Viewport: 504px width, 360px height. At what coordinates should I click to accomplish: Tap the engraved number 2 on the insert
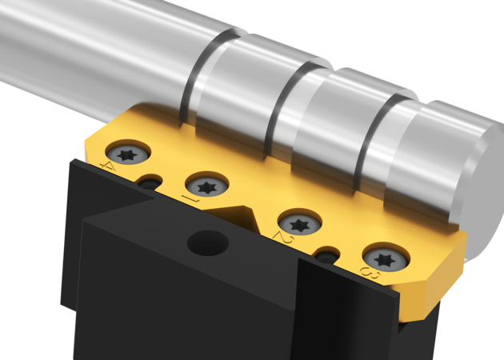coord(279,238)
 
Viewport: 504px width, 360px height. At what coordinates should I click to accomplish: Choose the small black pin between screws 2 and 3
coord(326,258)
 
